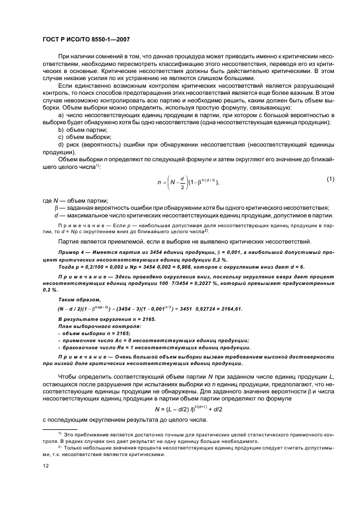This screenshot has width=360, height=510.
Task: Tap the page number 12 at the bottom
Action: tap(46, 465)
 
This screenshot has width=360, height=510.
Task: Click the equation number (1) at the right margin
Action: tap(330, 179)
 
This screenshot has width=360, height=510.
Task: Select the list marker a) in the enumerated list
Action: tap(61, 116)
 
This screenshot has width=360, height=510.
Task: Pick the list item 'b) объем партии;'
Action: tap(82, 130)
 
